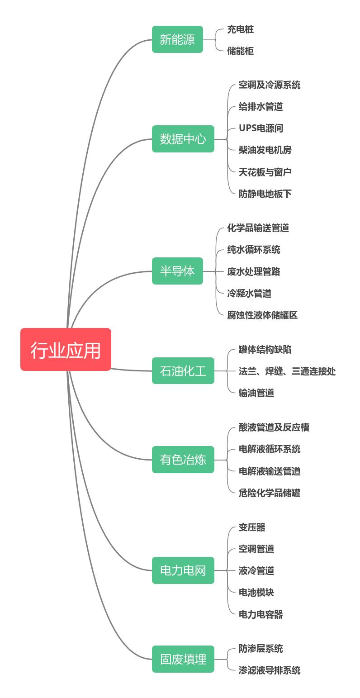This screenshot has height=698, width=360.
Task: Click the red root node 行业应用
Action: [x=66, y=350]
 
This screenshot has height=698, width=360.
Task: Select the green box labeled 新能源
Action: [x=177, y=39]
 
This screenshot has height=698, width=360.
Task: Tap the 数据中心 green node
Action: [x=183, y=139]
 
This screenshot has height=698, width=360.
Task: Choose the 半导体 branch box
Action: [x=177, y=271]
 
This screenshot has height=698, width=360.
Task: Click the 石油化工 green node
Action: [x=183, y=371]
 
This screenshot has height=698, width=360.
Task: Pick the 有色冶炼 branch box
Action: [x=183, y=460]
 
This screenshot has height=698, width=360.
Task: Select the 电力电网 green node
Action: [x=183, y=570]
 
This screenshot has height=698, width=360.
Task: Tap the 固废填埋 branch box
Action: [x=183, y=659]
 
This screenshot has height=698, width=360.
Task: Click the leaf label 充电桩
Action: [x=240, y=29]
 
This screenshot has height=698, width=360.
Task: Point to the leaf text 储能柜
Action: [x=240, y=51]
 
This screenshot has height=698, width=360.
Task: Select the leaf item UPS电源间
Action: [x=261, y=128]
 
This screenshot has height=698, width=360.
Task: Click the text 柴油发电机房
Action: [x=265, y=150]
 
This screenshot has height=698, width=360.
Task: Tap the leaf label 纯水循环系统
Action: [x=253, y=249]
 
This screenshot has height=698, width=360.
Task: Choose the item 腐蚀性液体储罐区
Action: [x=262, y=315]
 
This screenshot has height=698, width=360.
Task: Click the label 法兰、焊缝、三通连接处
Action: [x=287, y=371]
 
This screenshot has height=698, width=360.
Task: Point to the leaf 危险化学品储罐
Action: [x=270, y=493]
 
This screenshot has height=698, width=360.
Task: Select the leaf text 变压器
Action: [x=252, y=527]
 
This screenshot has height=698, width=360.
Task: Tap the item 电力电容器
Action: [x=261, y=614]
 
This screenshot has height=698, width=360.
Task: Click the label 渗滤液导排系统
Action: [x=270, y=670]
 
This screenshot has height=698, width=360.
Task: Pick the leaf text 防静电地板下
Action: [x=265, y=194]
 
